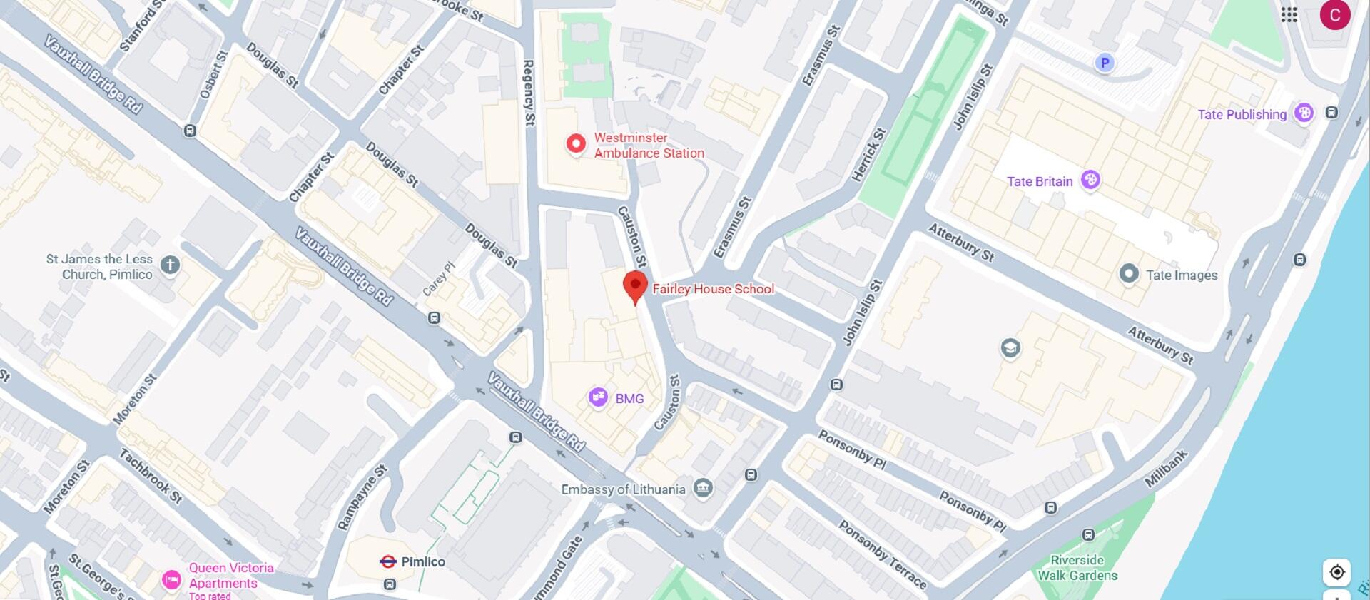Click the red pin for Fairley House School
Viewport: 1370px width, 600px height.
[x=635, y=286]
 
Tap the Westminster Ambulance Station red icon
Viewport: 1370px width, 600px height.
[x=576, y=144]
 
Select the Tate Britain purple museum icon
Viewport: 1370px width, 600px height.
[x=1090, y=180]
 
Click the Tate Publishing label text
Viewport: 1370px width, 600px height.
[x=1242, y=114]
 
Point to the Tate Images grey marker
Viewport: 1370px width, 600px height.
[x=1129, y=274]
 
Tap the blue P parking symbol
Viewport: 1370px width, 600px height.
[x=1105, y=63]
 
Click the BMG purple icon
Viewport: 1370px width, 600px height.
[x=598, y=397]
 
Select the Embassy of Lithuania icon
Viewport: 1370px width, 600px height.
[x=703, y=489]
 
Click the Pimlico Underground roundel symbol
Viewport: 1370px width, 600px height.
[x=387, y=561]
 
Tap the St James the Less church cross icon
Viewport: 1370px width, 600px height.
[x=170, y=265]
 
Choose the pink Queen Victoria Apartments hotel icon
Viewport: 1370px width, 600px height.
[x=171, y=579]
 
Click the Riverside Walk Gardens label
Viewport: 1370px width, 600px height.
[x=1077, y=568]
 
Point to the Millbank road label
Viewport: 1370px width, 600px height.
[x=1166, y=469]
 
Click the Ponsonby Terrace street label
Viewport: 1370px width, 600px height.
[x=882, y=555]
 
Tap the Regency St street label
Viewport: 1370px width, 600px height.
[x=529, y=93]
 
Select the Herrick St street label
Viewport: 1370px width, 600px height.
[x=869, y=154]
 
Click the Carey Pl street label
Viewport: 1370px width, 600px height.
[x=438, y=279]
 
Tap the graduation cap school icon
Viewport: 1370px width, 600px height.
[x=1010, y=348]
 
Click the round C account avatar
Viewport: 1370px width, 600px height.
[x=1334, y=15]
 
